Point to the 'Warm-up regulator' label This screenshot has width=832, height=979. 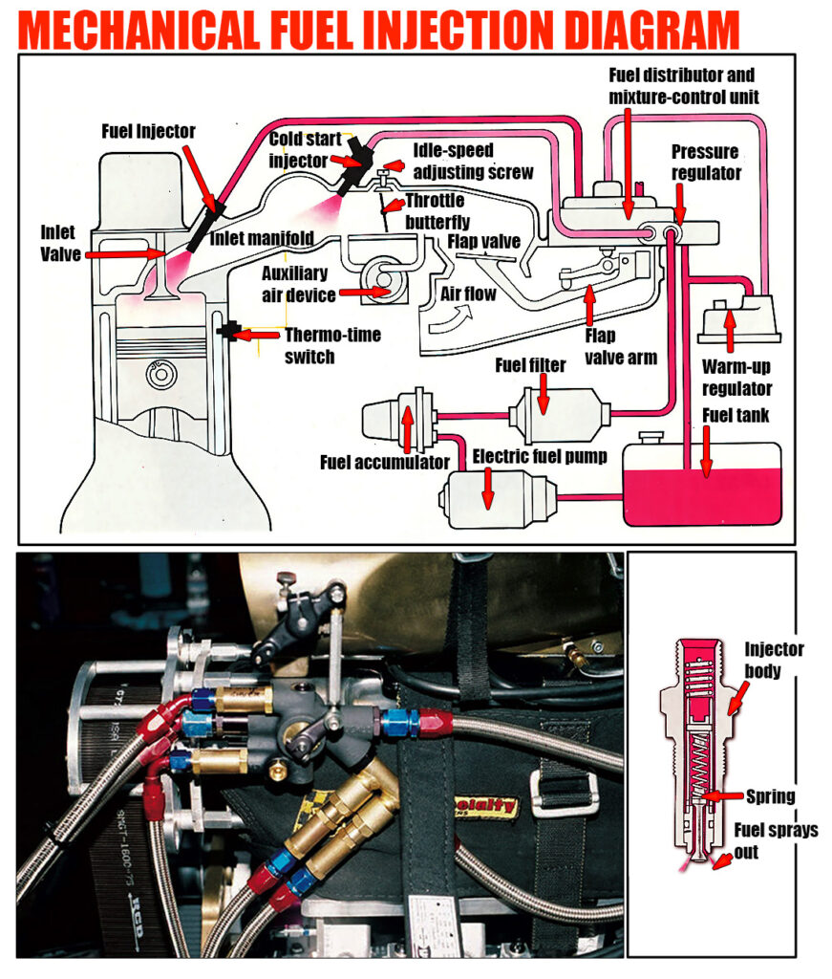(736, 378)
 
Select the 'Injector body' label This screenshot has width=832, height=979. (774, 661)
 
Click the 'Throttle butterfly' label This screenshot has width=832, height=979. (434, 210)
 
